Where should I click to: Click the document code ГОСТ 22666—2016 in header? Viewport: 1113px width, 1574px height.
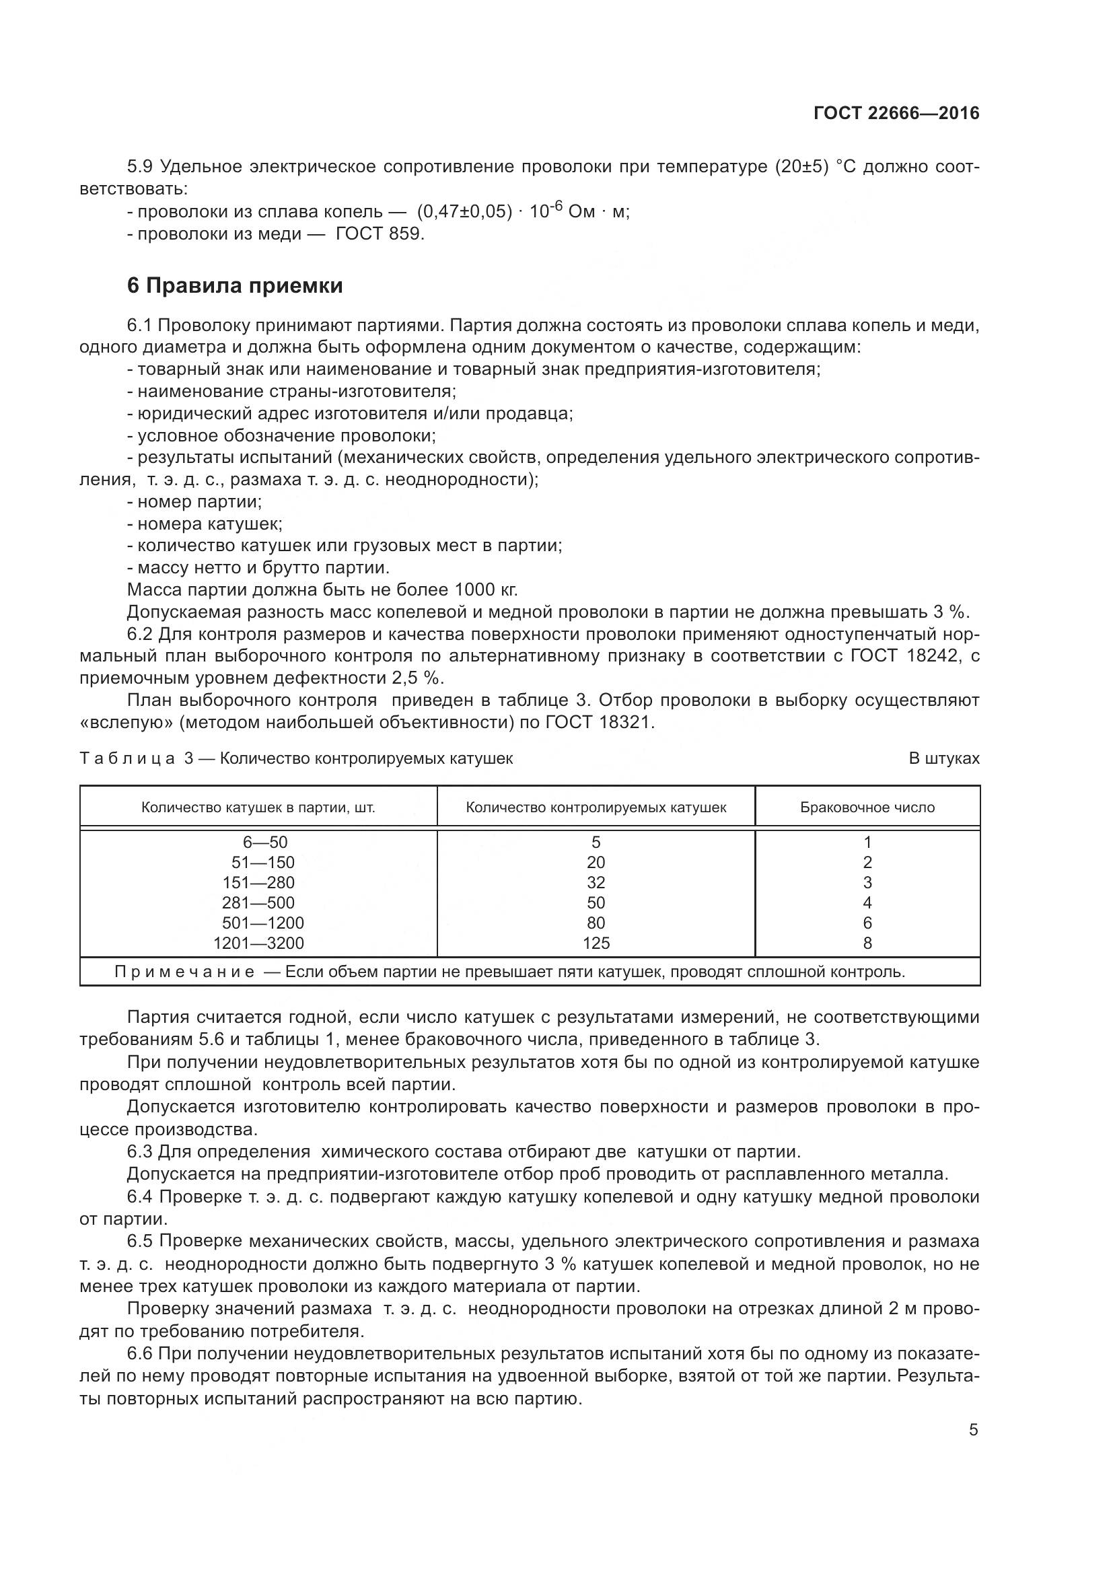(x=896, y=113)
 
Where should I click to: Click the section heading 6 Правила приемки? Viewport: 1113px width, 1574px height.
(x=235, y=285)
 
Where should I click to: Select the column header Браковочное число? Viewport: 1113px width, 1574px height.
(x=867, y=808)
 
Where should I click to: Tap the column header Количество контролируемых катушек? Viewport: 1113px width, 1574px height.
(x=596, y=808)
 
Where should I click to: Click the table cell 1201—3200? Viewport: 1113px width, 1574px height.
(x=258, y=943)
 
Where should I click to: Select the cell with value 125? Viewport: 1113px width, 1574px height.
(x=596, y=943)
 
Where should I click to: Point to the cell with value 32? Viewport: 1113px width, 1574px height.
(x=596, y=883)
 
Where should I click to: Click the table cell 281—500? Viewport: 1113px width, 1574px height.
(x=258, y=903)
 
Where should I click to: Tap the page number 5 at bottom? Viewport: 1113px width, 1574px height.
(x=973, y=1430)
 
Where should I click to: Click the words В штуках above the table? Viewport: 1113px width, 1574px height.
(x=943, y=759)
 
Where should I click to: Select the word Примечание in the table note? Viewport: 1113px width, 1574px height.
(x=185, y=972)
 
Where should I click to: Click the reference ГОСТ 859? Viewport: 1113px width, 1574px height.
(x=379, y=234)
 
